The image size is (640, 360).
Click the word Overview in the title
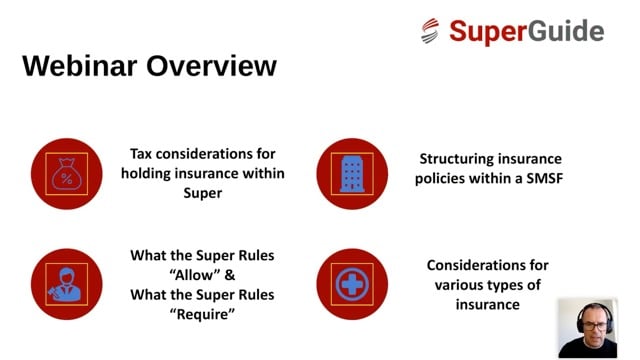pyautogui.click(x=212, y=66)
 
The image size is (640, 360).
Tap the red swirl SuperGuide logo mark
pyautogui.click(x=431, y=31)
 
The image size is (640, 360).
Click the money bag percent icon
pyautogui.click(x=67, y=172)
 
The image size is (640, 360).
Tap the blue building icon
pyautogui.click(x=351, y=172)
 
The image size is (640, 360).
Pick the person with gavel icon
pyautogui.click(x=67, y=283)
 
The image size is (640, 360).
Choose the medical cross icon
pyautogui.click(x=351, y=283)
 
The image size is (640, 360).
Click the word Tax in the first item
pyautogui.click(x=142, y=154)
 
